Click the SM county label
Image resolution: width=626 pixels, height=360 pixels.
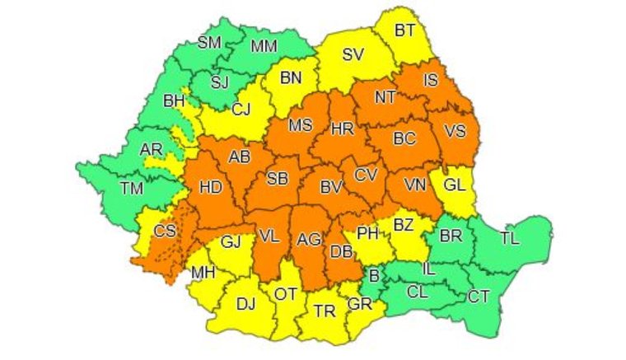pyautogui.click(x=209, y=43)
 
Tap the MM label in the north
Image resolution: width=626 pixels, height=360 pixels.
pyautogui.click(x=264, y=46)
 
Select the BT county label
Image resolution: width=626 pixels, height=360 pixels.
pyautogui.click(x=404, y=30)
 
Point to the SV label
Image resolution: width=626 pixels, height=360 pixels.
pyautogui.click(x=353, y=55)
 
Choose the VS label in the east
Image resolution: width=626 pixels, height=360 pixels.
pyautogui.click(x=454, y=131)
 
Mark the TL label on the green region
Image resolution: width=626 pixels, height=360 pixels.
pyautogui.click(x=510, y=239)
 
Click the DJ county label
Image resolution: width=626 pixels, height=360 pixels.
pyautogui.click(x=245, y=304)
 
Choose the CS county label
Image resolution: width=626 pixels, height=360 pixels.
pyautogui.click(x=165, y=231)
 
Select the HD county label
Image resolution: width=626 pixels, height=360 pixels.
pyautogui.click(x=211, y=188)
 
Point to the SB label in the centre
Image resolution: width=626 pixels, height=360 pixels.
pyautogui.click(x=278, y=180)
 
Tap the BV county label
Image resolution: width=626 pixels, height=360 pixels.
pyautogui.click(x=331, y=189)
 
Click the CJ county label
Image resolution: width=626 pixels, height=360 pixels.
pyautogui.click(x=241, y=109)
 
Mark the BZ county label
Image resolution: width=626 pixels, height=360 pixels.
pyautogui.click(x=403, y=223)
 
